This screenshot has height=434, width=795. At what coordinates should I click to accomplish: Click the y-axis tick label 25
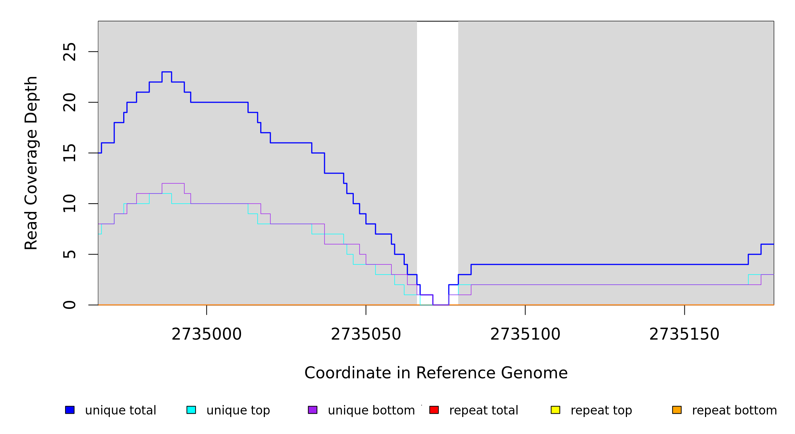pyautogui.click(x=70, y=52)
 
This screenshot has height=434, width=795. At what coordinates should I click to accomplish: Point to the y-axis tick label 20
pyautogui.click(x=70, y=102)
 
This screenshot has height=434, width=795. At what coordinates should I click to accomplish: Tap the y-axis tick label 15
pyautogui.click(x=70, y=153)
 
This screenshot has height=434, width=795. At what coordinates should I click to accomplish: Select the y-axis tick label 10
pyautogui.click(x=70, y=204)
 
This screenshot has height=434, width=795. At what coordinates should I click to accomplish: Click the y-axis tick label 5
pyautogui.click(x=70, y=254)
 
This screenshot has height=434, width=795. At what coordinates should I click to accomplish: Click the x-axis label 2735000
pyautogui.click(x=206, y=335)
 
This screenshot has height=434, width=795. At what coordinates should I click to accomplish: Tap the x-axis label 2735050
pyautogui.click(x=366, y=335)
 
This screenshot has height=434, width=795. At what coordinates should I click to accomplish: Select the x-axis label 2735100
pyautogui.click(x=525, y=335)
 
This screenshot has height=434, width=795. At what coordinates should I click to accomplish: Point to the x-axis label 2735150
pyautogui.click(x=684, y=335)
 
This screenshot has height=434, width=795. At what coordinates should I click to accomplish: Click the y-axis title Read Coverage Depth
pyautogui.click(x=31, y=163)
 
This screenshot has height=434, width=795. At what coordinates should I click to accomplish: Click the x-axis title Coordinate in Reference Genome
pyautogui.click(x=436, y=373)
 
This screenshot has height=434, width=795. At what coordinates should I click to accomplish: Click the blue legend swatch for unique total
pyautogui.click(x=70, y=410)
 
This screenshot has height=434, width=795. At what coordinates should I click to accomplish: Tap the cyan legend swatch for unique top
pyautogui.click(x=191, y=410)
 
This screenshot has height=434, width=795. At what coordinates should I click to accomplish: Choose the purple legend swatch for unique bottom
pyautogui.click(x=313, y=410)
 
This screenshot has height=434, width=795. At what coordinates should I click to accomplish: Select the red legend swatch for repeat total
pyautogui.click(x=434, y=410)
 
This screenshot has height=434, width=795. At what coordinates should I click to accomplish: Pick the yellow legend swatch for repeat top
pyautogui.click(x=555, y=410)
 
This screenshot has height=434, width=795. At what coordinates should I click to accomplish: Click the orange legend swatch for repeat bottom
pyautogui.click(x=677, y=410)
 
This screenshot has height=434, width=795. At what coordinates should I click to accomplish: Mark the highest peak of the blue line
pyautogui.click(x=167, y=72)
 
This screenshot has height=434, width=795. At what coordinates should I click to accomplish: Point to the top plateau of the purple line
pyautogui.click(x=173, y=183)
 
